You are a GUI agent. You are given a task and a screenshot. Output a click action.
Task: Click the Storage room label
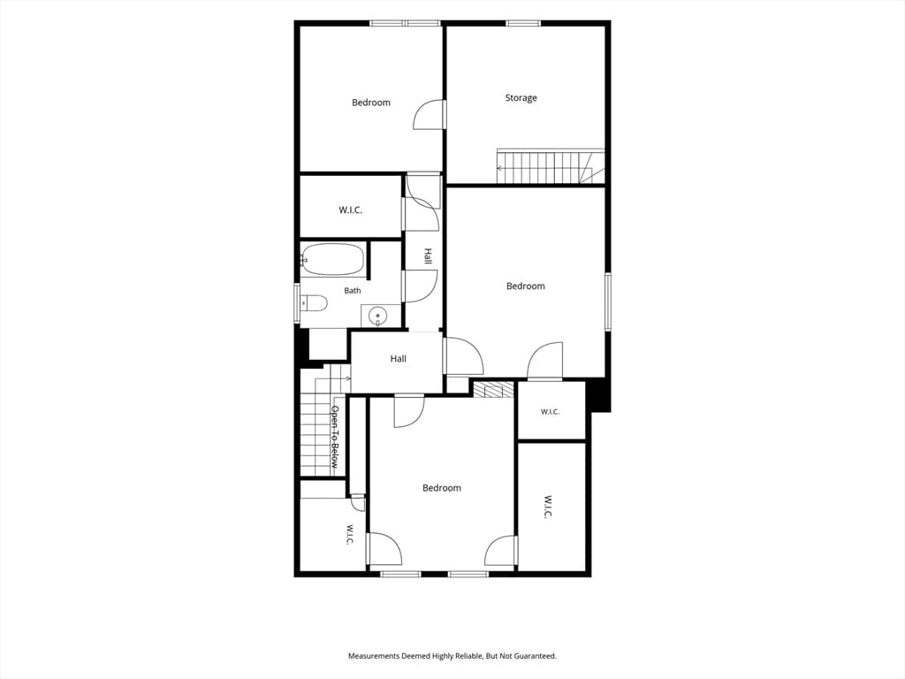[521, 98]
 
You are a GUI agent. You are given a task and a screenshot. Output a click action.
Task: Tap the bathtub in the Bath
[333, 259]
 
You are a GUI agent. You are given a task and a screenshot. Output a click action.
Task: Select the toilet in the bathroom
[315, 302]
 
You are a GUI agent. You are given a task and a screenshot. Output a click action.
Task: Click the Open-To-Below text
[334, 437]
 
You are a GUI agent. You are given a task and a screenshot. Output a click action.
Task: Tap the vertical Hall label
[428, 256]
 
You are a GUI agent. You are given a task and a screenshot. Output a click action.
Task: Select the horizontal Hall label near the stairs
[399, 359]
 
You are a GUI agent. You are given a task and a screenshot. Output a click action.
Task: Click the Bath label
[352, 290]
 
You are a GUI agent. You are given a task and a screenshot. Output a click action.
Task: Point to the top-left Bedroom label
[371, 103]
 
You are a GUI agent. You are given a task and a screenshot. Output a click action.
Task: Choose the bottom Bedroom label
[442, 488]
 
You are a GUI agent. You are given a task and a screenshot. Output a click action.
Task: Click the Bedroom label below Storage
[525, 286]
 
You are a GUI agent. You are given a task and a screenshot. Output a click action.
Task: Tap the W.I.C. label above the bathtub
[350, 210]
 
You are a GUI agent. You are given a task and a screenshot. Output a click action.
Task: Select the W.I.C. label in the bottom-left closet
[349, 534]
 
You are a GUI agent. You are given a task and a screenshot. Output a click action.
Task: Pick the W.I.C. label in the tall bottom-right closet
[548, 507]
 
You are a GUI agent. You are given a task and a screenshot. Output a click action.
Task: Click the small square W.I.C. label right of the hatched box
[550, 412]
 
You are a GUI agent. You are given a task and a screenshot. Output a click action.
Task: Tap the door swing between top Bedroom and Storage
[430, 114]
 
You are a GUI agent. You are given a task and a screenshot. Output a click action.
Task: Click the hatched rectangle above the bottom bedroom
[493, 390]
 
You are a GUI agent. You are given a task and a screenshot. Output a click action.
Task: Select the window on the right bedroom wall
[608, 301]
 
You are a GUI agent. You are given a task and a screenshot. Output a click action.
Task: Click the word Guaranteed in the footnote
[536, 656]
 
